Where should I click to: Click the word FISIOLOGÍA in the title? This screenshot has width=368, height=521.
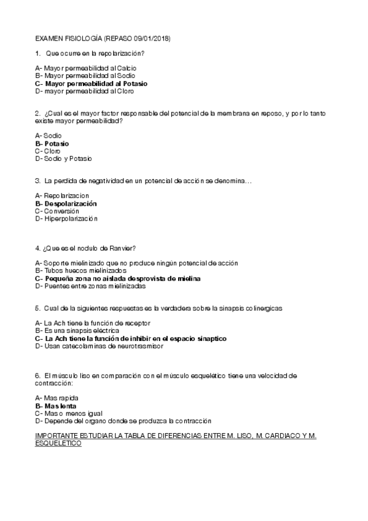pyautogui.click(x=80, y=39)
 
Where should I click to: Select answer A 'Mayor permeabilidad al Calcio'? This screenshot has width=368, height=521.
pyautogui.click(x=86, y=68)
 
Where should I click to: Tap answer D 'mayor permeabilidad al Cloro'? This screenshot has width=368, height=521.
pyautogui.click(x=84, y=92)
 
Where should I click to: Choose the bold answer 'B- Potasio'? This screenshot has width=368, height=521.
pyautogui.click(x=52, y=143)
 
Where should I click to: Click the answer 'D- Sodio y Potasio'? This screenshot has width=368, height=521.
pyautogui.click(x=64, y=159)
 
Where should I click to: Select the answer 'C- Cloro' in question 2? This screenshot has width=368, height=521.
pyautogui.click(x=48, y=151)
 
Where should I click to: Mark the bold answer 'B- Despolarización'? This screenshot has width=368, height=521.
pyautogui.click(x=66, y=203)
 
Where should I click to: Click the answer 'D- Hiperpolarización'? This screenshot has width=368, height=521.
pyautogui.click(x=66, y=218)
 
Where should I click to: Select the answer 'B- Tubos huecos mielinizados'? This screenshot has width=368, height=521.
pyautogui.click(x=81, y=270)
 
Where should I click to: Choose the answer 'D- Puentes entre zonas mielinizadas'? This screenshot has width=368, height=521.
pyautogui.click(x=90, y=286)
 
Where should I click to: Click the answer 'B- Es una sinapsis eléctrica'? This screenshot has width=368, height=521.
pyautogui.click(x=77, y=331)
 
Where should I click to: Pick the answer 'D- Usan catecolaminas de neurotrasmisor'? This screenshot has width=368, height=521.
pyautogui.click(x=96, y=346)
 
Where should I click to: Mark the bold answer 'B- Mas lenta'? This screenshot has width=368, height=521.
pyautogui.click(x=56, y=405)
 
